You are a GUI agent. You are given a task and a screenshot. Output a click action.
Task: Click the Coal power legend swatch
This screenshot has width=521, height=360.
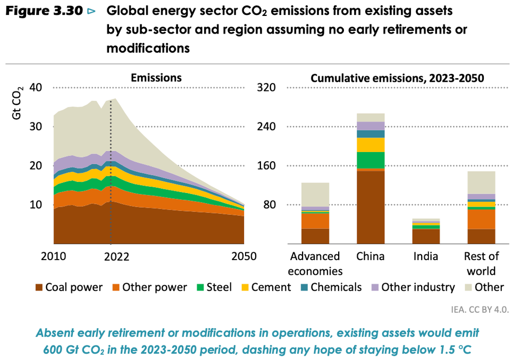[x=39, y=288]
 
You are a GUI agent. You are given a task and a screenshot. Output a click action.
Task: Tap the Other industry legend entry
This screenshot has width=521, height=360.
[x=413, y=288]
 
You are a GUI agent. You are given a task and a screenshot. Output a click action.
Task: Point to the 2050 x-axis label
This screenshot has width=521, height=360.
[x=243, y=256]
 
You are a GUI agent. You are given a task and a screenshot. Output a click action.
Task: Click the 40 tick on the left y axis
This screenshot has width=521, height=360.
[x=43, y=87]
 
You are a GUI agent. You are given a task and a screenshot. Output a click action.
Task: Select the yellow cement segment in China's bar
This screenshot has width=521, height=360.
[x=371, y=145]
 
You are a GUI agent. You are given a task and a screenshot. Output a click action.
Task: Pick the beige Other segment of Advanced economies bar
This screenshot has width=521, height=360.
[x=315, y=195]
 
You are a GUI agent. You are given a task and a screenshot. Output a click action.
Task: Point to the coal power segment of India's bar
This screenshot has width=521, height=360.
[x=426, y=236]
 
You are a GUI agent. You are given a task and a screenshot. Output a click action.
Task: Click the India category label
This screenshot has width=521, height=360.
[x=426, y=256]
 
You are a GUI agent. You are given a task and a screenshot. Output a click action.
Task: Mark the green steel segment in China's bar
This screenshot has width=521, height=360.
[x=371, y=160]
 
